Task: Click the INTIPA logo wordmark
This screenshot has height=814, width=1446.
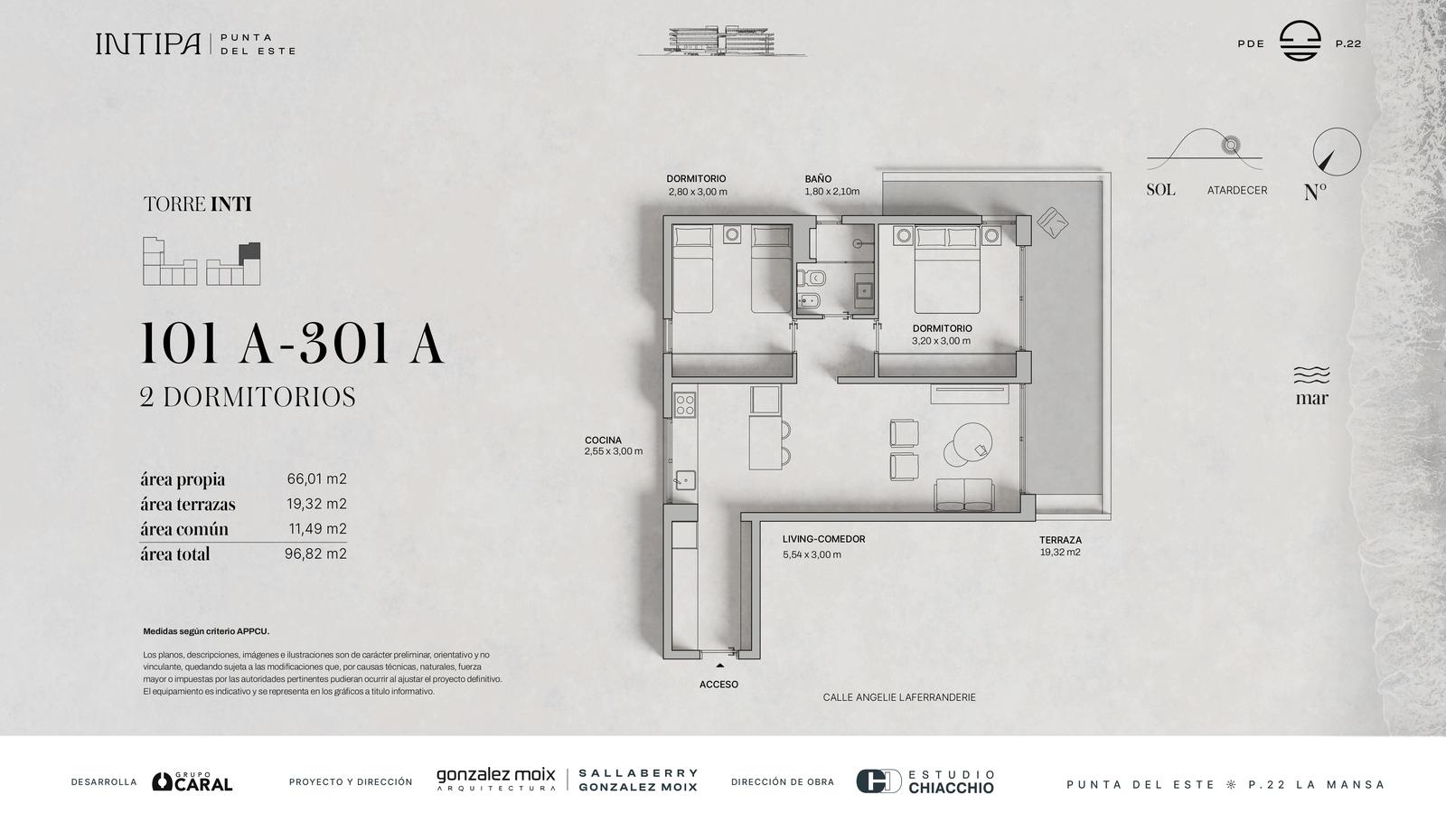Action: pyautogui.click(x=148, y=44)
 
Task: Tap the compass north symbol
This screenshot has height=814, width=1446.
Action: pyautogui.click(x=1337, y=152)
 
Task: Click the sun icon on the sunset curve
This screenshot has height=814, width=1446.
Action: pyautogui.click(x=1230, y=146)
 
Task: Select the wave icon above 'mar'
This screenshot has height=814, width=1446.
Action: pyautogui.click(x=1311, y=375)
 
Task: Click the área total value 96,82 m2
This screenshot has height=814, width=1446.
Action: pyautogui.click(x=315, y=554)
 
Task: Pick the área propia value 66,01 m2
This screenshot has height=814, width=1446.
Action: pyautogui.click(x=316, y=478)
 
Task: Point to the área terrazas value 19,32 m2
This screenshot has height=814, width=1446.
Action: pyautogui.click(x=316, y=504)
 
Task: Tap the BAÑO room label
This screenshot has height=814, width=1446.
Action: pyautogui.click(x=818, y=179)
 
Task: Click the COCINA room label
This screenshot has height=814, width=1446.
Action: pyautogui.click(x=603, y=440)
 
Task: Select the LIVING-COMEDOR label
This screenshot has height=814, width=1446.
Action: pyautogui.click(x=823, y=539)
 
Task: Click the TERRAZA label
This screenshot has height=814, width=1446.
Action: pyautogui.click(x=1060, y=540)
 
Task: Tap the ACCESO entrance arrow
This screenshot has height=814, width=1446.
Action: pyautogui.click(x=719, y=665)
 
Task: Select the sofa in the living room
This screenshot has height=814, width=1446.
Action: pyautogui.click(x=963, y=496)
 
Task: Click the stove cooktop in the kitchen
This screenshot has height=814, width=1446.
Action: pyautogui.click(x=684, y=405)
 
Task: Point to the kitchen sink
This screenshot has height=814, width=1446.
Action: pyautogui.click(x=684, y=480)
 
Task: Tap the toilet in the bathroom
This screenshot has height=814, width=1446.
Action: pyautogui.click(x=811, y=279)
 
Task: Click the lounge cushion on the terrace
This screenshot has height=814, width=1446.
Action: pyautogui.click(x=1052, y=222)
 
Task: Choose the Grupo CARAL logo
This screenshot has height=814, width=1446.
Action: pyautogui.click(x=192, y=781)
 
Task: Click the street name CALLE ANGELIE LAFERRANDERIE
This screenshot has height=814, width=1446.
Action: pyautogui.click(x=899, y=697)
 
